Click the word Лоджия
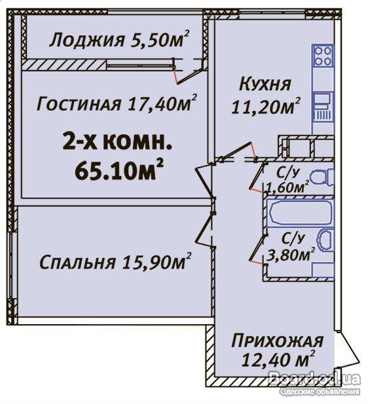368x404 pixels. pyautogui.click(x=86, y=41)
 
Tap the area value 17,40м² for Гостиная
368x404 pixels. pyautogui.click(x=161, y=102)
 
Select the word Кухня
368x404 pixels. pyautogui.click(x=265, y=84)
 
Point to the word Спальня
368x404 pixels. pyautogui.click(x=77, y=263)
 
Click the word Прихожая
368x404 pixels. pyautogui.click(x=277, y=341)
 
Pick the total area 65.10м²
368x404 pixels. pyautogui.click(x=119, y=170)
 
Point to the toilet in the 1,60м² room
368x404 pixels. pyautogui.click(x=322, y=177)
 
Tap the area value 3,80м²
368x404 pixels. pyautogui.click(x=292, y=255)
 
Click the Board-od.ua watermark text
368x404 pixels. pyautogui.click(x=314, y=378)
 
